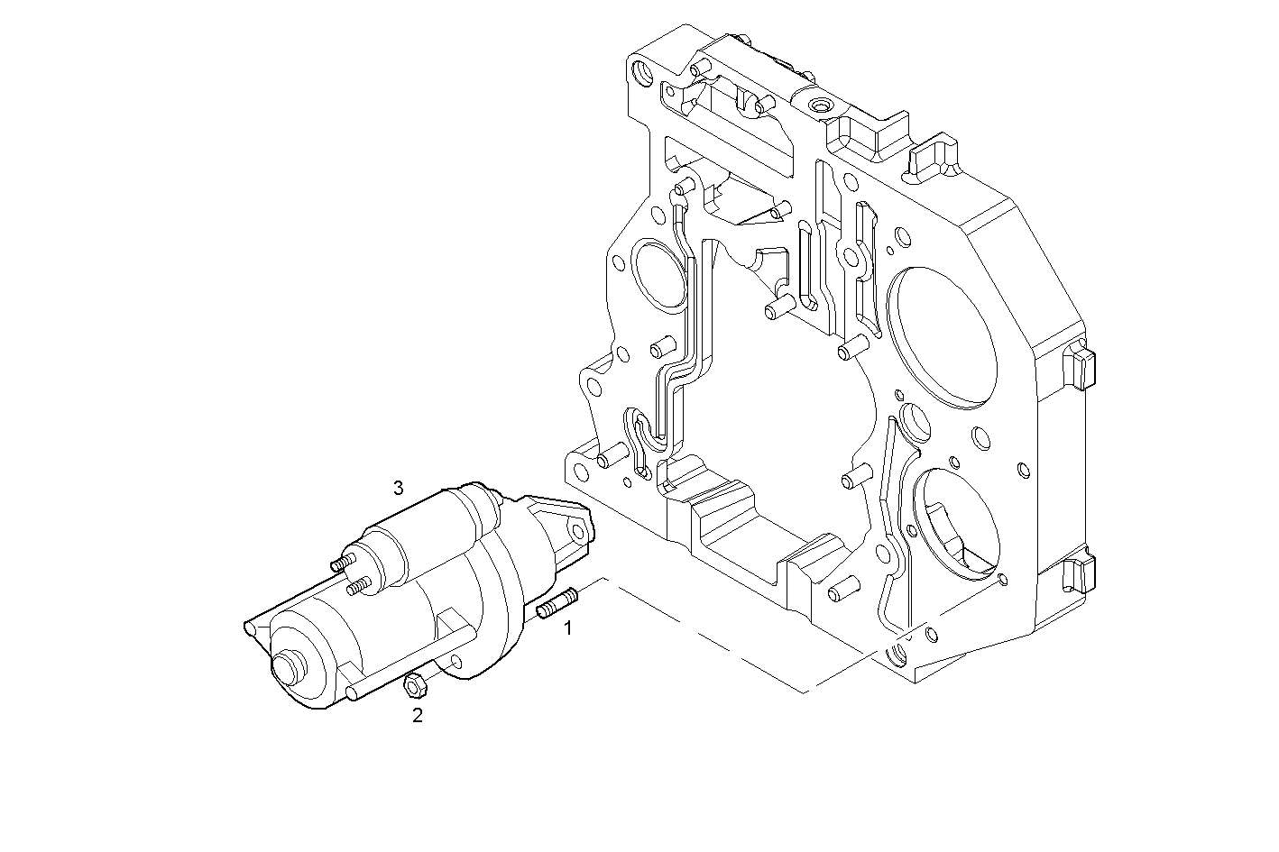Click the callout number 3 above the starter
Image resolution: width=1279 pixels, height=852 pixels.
pos(398,490)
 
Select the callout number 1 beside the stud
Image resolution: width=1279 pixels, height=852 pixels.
pos(567,628)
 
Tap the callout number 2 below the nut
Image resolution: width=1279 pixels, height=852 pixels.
pos(417,717)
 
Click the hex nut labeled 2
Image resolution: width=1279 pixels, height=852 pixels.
pos(414,687)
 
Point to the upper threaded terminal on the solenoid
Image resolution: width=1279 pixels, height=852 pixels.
pos(340,564)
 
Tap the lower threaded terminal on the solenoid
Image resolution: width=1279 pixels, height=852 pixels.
pos(358,588)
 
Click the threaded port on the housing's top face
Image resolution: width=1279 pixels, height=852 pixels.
pos(820,107)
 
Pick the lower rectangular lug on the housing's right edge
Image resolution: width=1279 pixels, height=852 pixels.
pos(1080,573)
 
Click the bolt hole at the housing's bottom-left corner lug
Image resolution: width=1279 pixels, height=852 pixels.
pos(575,467)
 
